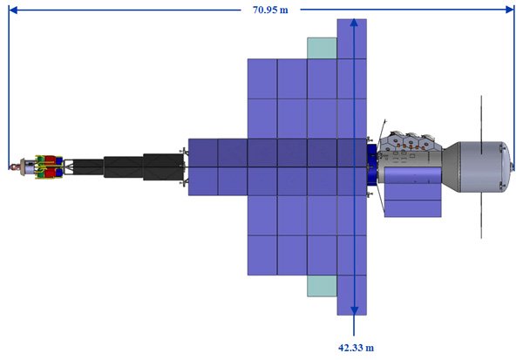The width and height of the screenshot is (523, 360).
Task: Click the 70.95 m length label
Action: click(270, 10)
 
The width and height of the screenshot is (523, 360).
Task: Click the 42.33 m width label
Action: click(356, 348)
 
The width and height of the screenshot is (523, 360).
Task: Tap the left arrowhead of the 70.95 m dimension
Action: click(13, 10)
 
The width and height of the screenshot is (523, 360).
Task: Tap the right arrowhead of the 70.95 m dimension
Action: click(510, 10)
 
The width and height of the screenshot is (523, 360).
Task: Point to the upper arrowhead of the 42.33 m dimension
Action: click(354, 23)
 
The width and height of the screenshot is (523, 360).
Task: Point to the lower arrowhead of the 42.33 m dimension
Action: click(354, 311)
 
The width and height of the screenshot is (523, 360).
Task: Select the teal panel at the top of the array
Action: click(322, 49)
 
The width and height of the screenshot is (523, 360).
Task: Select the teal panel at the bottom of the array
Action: click(322, 286)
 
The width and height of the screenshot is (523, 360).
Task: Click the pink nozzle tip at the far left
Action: click(14, 166)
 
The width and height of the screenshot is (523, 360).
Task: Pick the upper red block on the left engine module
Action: click(50, 160)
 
